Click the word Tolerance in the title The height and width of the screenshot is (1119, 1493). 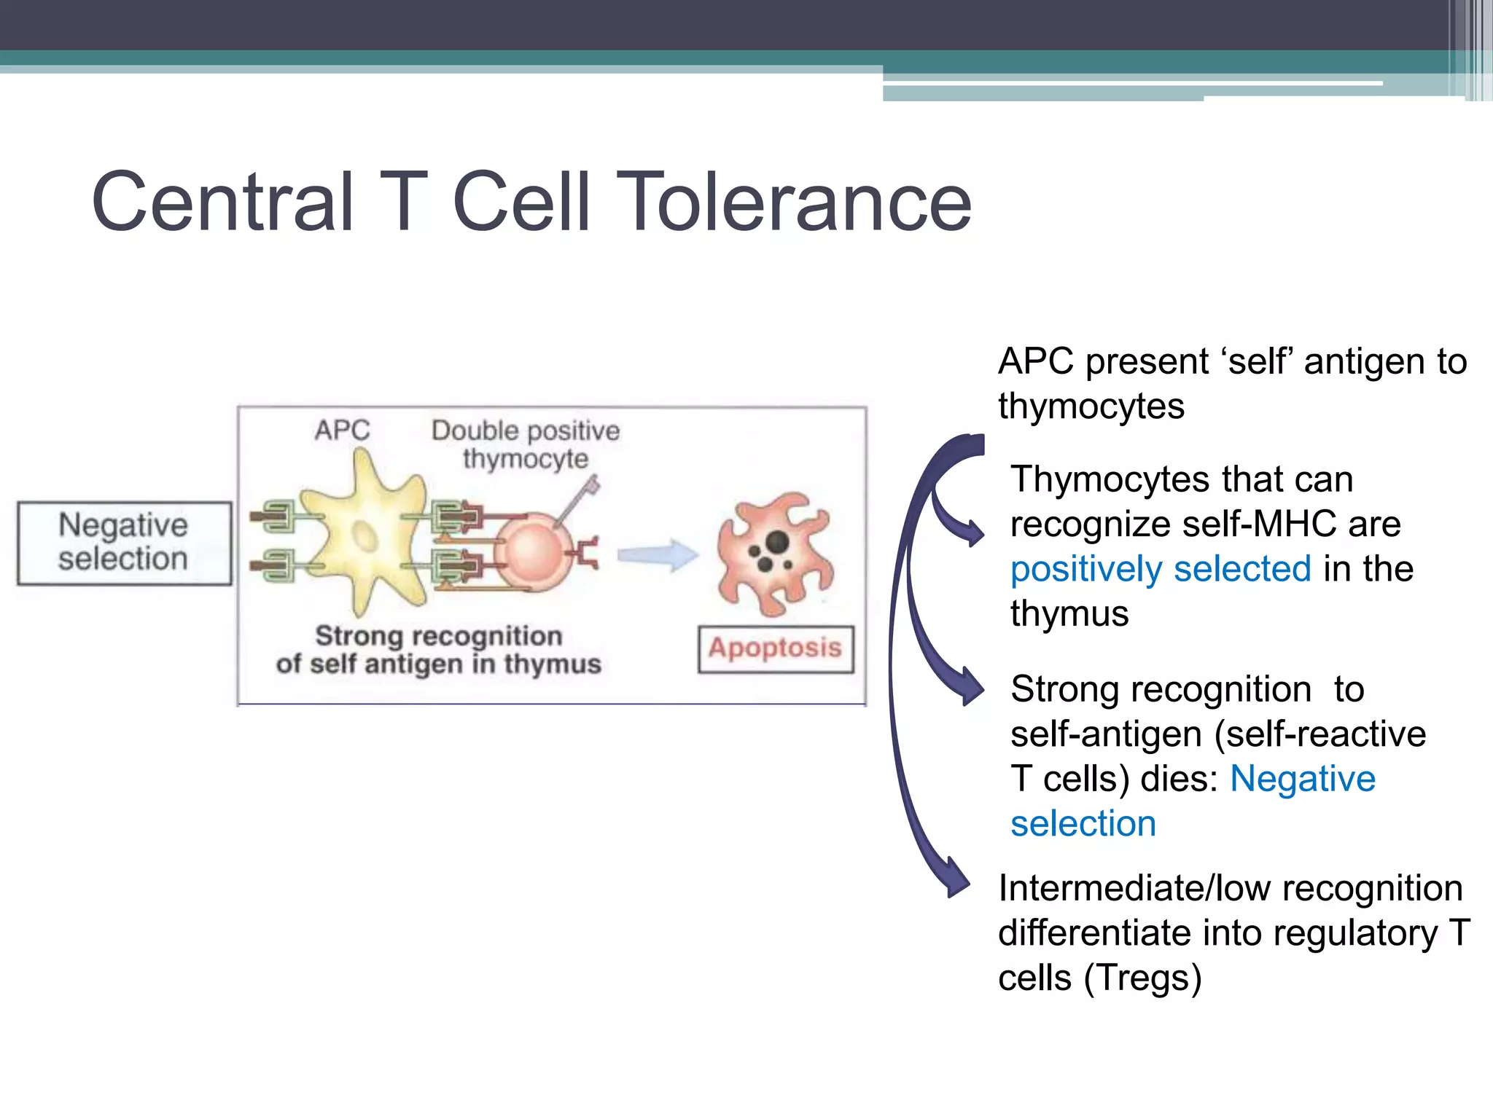click(x=798, y=202)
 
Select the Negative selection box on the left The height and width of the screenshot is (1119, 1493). click(x=124, y=543)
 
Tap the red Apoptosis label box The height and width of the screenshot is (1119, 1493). click(x=775, y=648)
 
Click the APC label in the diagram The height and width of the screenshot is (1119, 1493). click(x=342, y=430)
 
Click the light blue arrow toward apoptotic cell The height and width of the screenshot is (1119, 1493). click(x=656, y=555)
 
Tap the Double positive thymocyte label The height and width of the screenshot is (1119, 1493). click(x=525, y=444)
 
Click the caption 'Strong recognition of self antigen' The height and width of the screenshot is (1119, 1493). click(x=438, y=650)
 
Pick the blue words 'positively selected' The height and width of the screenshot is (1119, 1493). click(x=1160, y=569)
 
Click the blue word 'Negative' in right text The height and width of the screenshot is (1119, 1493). click(x=1302, y=779)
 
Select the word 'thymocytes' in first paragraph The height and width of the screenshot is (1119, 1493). click(x=1091, y=407)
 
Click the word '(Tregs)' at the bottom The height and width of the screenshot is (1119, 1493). click(x=1142, y=978)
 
